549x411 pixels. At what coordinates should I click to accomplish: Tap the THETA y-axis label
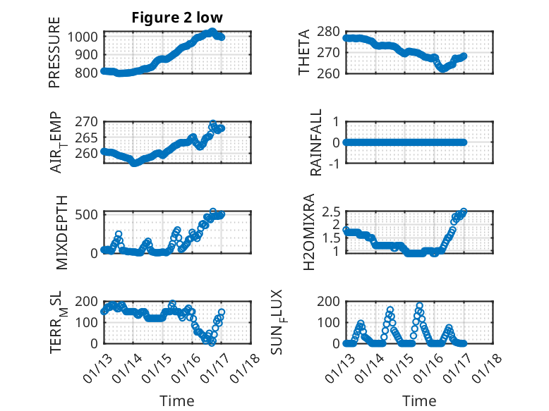point(303,54)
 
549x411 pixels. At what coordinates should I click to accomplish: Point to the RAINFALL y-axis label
point(317,142)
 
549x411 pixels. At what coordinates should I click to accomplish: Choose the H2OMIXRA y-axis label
point(309,231)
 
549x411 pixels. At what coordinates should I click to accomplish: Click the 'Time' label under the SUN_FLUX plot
point(419,400)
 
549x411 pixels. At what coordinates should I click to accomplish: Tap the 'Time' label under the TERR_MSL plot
point(177,400)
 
